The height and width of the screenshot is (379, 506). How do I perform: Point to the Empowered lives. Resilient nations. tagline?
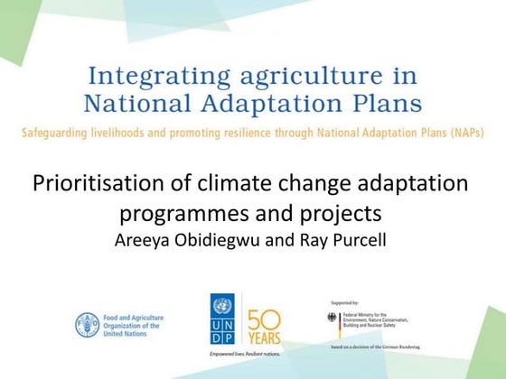coord(243,355)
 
